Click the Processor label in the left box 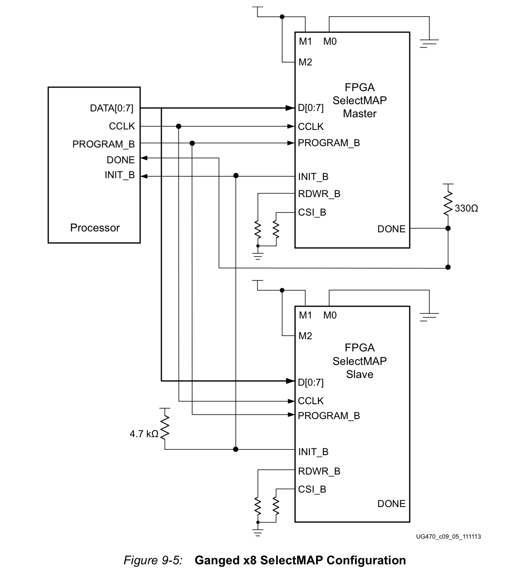coord(95,227)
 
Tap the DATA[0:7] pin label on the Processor coord(111,108)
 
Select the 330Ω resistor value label coord(466,208)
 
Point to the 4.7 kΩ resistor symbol coord(165,427)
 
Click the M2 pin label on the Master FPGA coord(305,62)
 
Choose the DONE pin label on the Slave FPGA coord(391,504)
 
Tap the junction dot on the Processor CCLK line coord(179,126)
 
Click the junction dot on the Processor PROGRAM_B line coord(192,143)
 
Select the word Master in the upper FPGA coord(360,114)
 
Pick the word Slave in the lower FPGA coord(360,374)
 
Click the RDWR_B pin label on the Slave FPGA coord(319,471)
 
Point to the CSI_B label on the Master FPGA coord(312,212)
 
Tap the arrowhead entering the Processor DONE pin coord(144,158)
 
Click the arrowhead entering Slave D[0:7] coord(290,381)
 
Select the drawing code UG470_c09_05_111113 coord(448,536)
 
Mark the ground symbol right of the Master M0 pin coord(429,43)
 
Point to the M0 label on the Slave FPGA coord(330,315)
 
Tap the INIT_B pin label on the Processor coord(119,175)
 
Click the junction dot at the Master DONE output coord(448,228)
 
